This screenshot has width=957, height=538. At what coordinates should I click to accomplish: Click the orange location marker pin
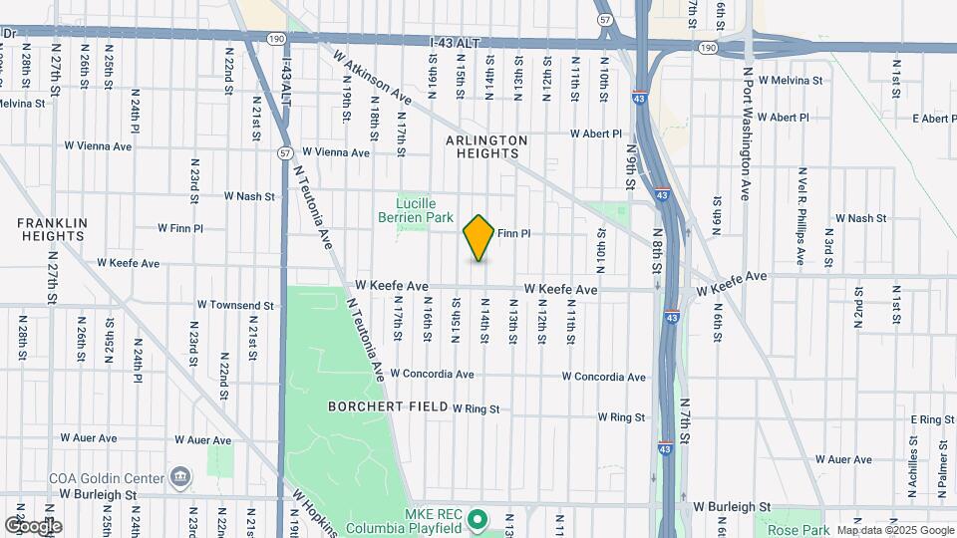click(x=478, y=238)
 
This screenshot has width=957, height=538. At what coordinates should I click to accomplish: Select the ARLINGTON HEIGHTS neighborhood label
click(x=486, y=146)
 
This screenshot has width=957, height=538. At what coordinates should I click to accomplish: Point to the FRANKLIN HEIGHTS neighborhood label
click(x=52, y=229)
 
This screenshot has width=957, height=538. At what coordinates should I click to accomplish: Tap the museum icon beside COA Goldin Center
click(x=179, y=477)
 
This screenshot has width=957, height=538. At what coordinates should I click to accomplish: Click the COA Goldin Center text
click(x=108, y=478)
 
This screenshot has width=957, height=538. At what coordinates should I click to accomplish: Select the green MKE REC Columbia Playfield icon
click(x=478, y=518)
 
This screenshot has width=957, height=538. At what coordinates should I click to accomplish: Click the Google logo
click(x=33, y=526)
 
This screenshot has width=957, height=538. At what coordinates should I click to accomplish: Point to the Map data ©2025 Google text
click(x=895, y=530)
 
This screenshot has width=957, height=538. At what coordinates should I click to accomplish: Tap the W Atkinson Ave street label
click(x=374, y=79)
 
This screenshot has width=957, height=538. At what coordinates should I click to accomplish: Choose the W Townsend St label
click(x=235, y=304)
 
